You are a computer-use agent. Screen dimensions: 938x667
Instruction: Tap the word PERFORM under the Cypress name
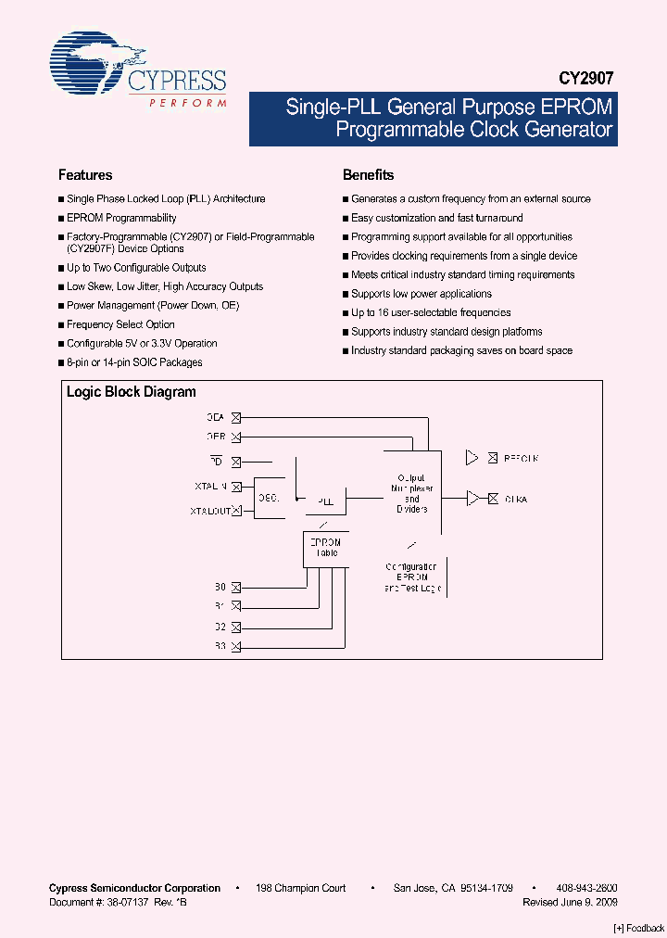[187, 103]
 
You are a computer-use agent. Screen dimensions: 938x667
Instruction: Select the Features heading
[85, 175]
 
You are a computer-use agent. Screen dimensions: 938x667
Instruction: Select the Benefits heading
[368, 175]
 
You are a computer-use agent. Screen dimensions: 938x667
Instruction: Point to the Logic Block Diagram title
[131, 392]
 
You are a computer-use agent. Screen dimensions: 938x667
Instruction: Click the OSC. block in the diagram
[269, 498]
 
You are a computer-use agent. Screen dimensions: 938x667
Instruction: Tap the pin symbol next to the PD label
[235, 462]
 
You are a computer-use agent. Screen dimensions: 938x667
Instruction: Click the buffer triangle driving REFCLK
[472, 458]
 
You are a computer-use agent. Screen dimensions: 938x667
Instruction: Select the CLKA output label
[515, 500]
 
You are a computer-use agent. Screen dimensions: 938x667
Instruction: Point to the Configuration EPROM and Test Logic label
[412, 577]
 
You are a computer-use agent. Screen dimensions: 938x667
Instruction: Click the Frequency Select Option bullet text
[120, 325]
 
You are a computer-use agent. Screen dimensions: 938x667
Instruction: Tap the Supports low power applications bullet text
[422, 294]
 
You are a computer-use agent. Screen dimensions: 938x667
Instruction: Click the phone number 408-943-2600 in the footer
[587, 888]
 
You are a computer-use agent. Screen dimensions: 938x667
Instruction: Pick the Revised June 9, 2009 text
[570, 902]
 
